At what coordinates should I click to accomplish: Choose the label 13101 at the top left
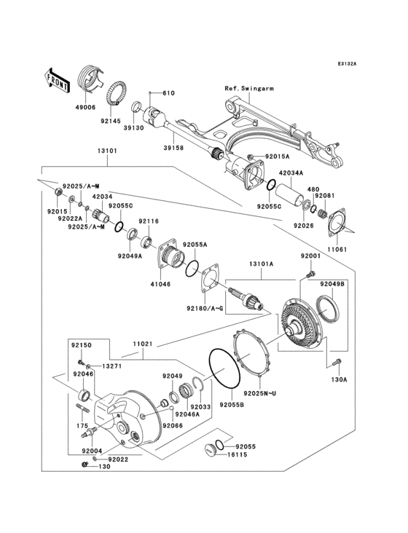pos(106,153)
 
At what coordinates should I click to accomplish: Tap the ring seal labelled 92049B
pos(336,309)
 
